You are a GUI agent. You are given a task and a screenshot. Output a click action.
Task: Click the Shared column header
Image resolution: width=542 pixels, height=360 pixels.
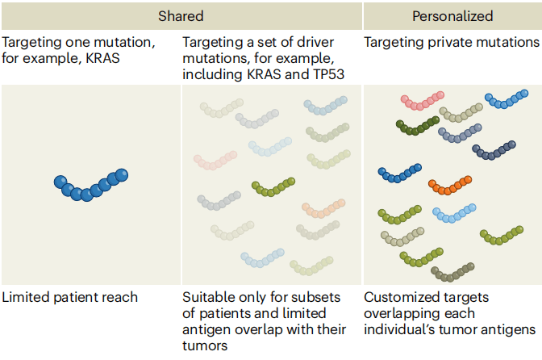[x=181, y=16]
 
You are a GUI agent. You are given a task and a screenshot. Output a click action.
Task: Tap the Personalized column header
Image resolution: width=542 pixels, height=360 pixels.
[x=452, y=16]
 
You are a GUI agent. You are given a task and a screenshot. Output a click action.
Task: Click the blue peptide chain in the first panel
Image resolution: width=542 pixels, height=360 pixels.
[x=90, y=183]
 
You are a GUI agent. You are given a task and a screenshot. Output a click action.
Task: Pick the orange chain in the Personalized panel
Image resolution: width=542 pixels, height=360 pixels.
[x=449, y=186]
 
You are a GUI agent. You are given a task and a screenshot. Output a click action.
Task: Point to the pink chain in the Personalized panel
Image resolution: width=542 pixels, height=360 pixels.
[x=423, y=100]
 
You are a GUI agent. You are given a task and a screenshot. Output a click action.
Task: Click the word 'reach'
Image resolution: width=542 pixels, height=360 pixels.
[x=121, y=297]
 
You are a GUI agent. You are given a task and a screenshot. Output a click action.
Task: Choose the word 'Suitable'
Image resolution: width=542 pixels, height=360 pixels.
[x=207, y=297]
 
